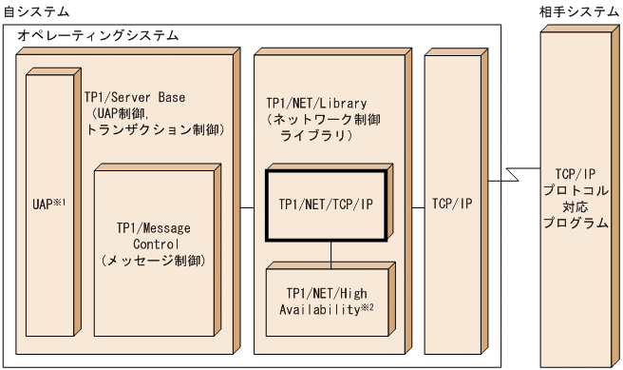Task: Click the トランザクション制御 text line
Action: tap(155, 128)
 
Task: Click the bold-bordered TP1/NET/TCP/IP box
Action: tap(327, 204)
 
